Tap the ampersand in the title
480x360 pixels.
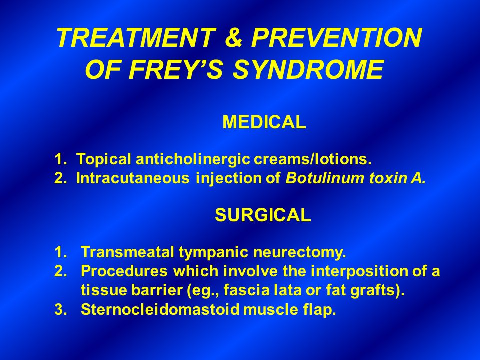pos(234,38)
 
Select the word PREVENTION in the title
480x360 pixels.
pos(336,38)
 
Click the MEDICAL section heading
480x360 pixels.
pos(264,122)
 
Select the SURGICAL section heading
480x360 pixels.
pos(263,215)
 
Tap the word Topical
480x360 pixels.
pos(102,160)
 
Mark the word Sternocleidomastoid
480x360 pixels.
pos(159,310)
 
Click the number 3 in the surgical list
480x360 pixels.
pos(58,310)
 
